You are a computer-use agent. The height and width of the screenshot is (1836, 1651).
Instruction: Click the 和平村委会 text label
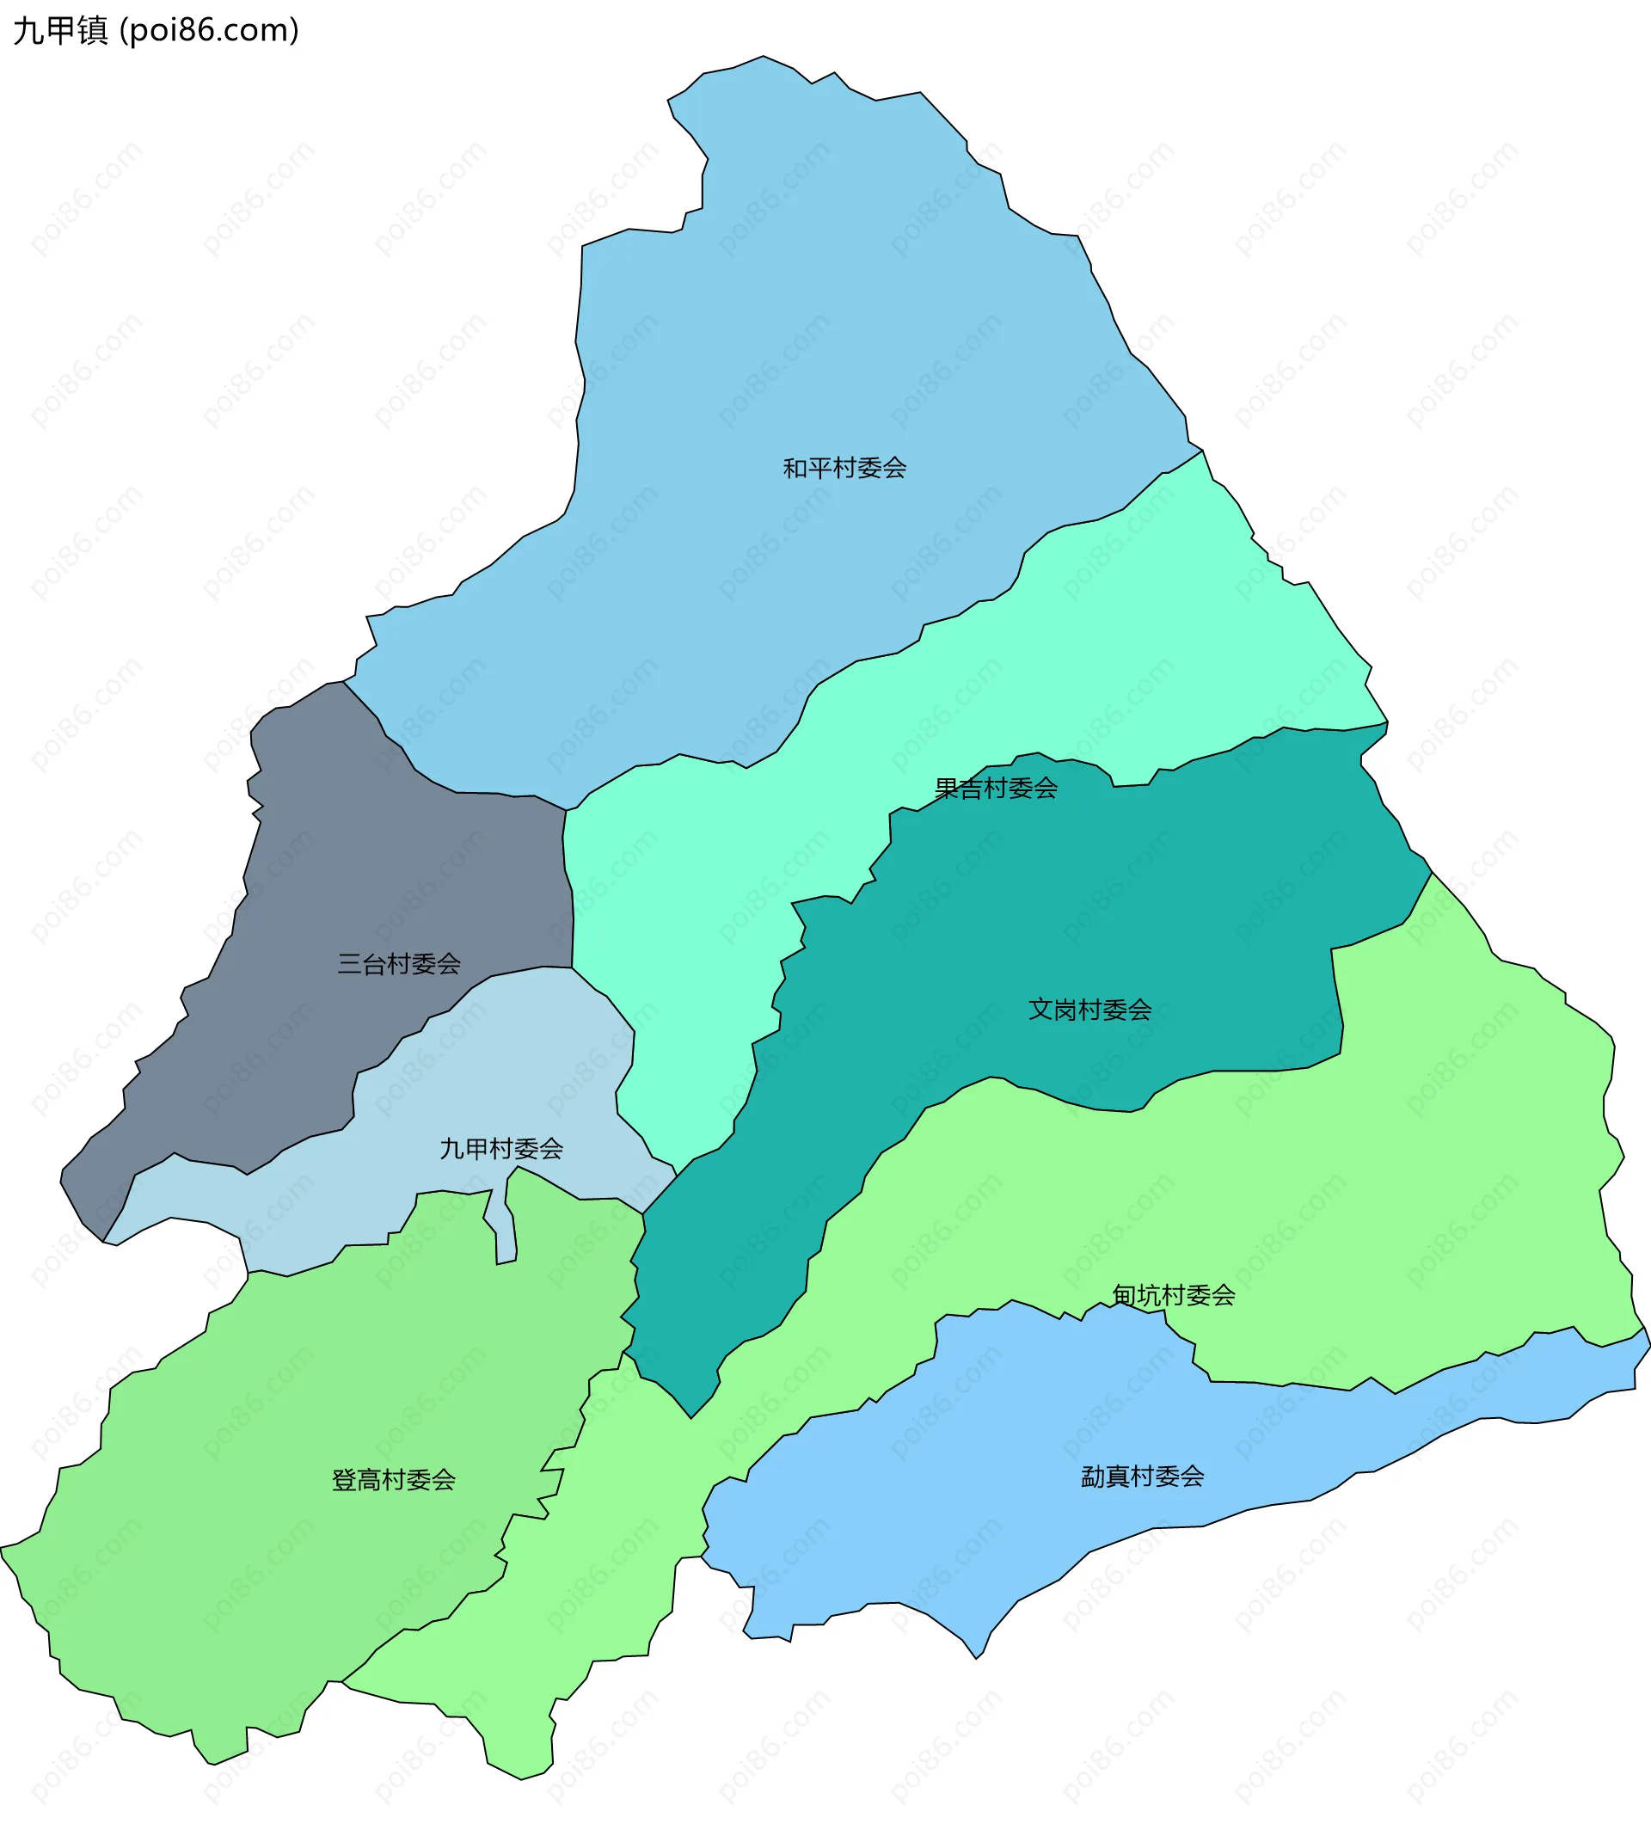pyautogui.click(x=844, y=468)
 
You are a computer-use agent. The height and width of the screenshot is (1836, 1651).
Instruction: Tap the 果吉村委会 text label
pyautogui.click(x=996, y=789)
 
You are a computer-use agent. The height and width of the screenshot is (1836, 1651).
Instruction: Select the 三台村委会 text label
pyautogui.click(x=399, y=963)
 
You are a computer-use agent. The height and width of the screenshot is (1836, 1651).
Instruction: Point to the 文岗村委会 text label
pyautogui.click(x=1089, y=1010)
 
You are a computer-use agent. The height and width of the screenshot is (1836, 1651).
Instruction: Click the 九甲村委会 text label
pyautogui.click(x=500, y=1149)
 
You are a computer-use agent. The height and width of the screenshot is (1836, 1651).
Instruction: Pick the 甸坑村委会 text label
pyautogui.click(x=1174, y=1295)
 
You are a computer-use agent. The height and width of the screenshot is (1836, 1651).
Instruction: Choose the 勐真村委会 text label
pyautogui.click(x=1142, y=1477)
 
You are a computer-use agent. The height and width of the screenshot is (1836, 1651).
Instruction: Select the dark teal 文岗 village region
pyautogui.click(x=1043, y=925)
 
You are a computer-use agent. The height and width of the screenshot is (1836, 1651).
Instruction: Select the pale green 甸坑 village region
pyautogui.click(x=1452, y=1179)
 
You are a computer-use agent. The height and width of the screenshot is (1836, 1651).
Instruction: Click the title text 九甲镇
pyautogui.click(x=61, y=31)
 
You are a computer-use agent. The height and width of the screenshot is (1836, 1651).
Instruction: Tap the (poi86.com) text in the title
pyautogui.click(x=210, y=31)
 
